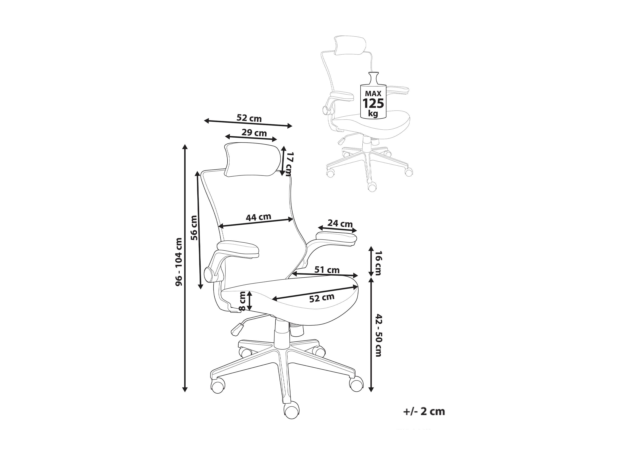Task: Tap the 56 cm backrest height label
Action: coord(194,228)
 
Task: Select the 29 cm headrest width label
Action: coord(254,133)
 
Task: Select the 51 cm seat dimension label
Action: coord(327,270)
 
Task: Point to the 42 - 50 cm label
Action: coord(378,335)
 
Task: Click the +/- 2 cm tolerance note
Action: coord(424,411)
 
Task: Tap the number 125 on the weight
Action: coord(373,103)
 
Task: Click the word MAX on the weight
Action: coord(373,93)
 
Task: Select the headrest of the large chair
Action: coord(252,160)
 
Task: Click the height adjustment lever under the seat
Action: coord(237,329)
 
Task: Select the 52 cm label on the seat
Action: coord(322,298)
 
